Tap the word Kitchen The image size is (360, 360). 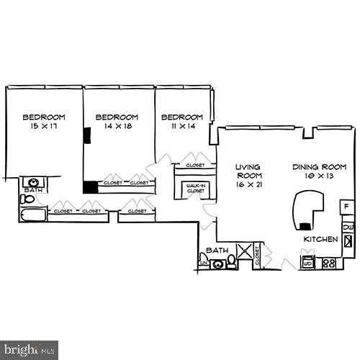tap(320, 239)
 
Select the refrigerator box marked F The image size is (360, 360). tap(346, 207)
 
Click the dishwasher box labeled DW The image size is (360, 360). tap(348, 228)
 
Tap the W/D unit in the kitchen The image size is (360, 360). tap(307, 262)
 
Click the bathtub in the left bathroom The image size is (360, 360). tap(33, 214)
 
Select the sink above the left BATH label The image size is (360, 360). tap(33, 182)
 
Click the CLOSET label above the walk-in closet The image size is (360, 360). tap(195, 165)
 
